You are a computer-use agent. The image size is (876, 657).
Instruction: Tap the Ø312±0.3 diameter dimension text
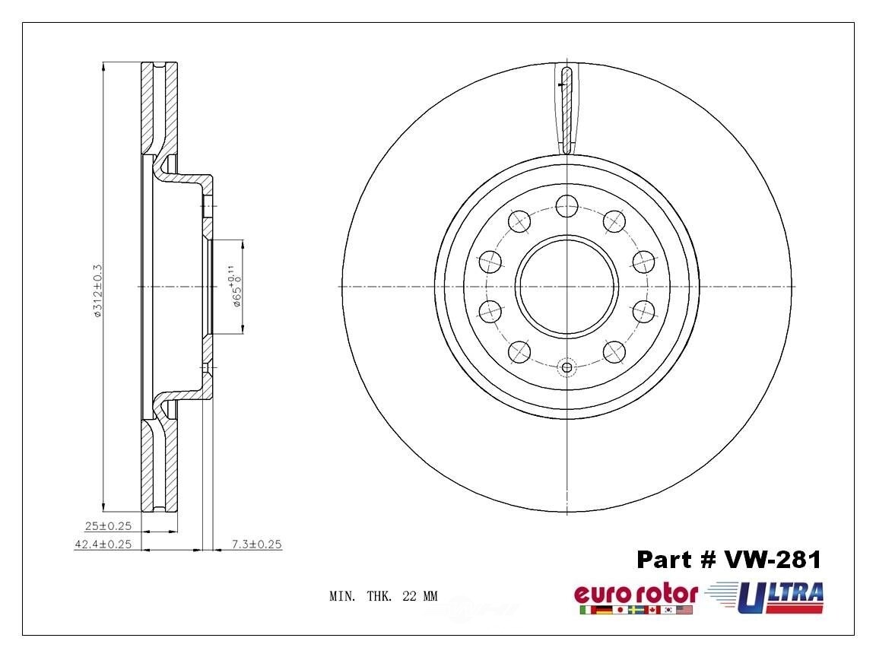pyautogui.click(x=97, y=289)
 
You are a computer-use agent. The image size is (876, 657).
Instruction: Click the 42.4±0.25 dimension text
pyautogui.click(x=103, y=544)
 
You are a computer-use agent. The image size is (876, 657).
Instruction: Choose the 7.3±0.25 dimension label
pyautogui.click(x=257, y=544)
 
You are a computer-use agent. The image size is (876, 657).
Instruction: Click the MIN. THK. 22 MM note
pyautogui.click(x=383, y=597)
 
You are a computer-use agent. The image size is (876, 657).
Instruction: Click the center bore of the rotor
pyautogui.click(x=567, y=287)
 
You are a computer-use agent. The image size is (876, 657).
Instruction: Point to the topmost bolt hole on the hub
pyautogui.click(x=567, y=205)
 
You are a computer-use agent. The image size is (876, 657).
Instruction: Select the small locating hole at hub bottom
pyautogui.click(x=567, y=368)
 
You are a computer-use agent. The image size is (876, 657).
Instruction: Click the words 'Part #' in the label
pyautogui.click(x=673, y=560)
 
